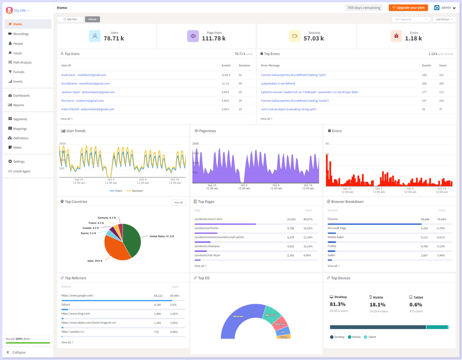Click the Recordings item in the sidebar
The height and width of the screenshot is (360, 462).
coord(21,34)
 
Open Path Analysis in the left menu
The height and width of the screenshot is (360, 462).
coord(22,62)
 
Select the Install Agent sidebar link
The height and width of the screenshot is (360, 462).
coord(22,171)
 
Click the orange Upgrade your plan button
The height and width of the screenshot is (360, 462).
coord(408,8)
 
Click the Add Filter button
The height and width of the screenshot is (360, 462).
coord(70,19)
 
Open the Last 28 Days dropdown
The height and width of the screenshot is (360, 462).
coord(444,19)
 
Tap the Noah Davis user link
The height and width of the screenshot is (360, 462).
coord(84,75)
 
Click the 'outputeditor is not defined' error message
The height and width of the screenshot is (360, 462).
coord(278,84)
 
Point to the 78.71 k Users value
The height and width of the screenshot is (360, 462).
coord(114,38)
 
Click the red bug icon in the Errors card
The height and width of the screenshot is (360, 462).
coord(396,36)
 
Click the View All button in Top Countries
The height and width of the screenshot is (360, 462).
coord(178,202)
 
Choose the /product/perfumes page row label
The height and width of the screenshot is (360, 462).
coord(207,228)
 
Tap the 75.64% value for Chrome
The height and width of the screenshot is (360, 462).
coord(441,219)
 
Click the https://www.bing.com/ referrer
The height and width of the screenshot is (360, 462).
coord(76,313)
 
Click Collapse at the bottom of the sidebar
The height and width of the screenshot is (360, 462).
coord(18,352)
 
